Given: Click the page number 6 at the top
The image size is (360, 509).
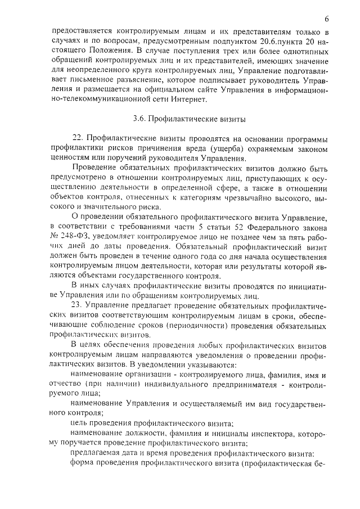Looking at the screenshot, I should pos(326,19).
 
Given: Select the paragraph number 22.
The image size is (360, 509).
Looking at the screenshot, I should pos(78,138).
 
